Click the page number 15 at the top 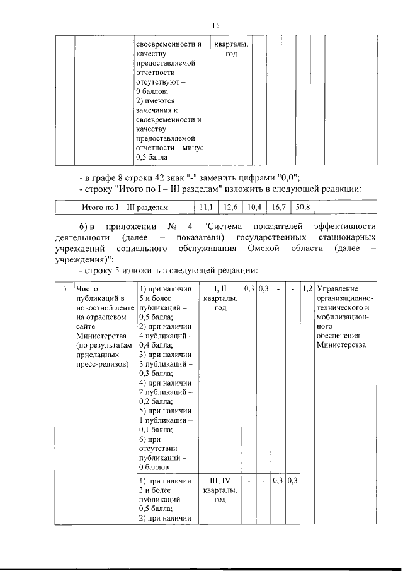[215, 25]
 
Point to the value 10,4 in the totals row [254, 207]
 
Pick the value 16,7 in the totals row [279, 207]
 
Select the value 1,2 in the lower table [307, 288]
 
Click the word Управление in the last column [338, 288]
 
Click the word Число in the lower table [86, 288]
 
